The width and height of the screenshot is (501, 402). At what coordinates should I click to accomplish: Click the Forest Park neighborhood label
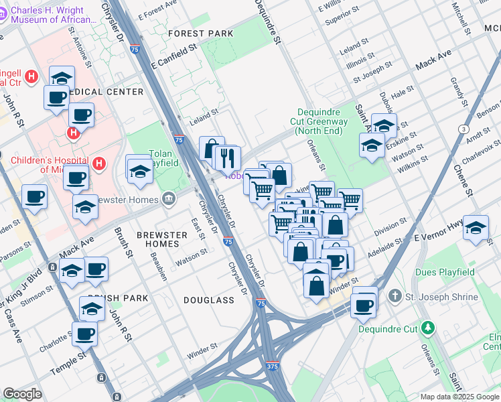201,33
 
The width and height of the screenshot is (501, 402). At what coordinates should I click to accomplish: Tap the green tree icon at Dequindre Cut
427,328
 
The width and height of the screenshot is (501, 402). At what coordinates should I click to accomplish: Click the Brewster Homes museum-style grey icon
168,199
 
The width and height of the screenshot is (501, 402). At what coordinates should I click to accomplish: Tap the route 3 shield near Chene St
463,129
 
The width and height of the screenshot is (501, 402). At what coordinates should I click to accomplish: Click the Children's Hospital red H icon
99,163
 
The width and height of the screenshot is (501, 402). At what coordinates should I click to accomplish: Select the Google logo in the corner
22,394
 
